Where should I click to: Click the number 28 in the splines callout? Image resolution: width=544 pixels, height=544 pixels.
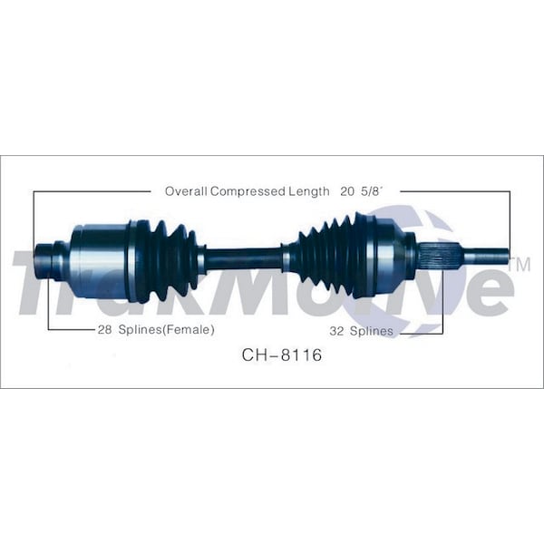(x=104, y=330)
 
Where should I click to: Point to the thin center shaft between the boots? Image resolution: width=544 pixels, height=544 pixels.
(x=243, y=258)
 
